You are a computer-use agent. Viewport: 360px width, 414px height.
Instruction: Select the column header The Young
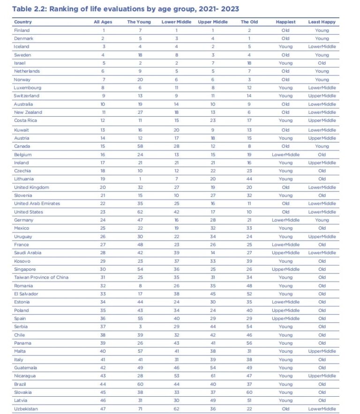[138, 22]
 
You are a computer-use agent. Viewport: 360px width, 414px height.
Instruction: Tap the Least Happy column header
[322, 22]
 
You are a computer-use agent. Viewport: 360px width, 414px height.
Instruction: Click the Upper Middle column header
[212, 22]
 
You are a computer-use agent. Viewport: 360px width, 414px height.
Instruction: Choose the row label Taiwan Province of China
[41, 277]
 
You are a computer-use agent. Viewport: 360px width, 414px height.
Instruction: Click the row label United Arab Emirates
[37, 204]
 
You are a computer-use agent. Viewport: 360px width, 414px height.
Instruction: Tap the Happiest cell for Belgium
[285, 154]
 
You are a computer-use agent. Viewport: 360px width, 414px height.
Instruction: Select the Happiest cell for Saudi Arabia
[285, 253]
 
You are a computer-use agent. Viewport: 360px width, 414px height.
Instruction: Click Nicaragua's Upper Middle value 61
[212, 376]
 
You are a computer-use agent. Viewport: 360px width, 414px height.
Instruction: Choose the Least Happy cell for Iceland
[322, 47]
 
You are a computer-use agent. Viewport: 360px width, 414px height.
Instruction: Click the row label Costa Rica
[24, 120]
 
